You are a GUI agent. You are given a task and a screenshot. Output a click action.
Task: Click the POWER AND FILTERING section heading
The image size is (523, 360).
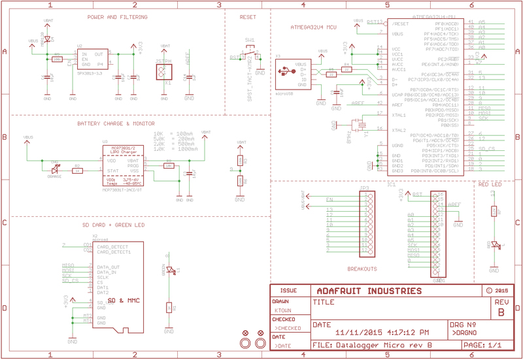[x=117, y=17]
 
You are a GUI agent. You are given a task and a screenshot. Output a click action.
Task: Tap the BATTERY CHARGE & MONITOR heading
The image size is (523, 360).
[x=116, y=123]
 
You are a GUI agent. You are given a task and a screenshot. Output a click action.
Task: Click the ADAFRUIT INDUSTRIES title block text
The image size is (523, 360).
[x=369, y=291]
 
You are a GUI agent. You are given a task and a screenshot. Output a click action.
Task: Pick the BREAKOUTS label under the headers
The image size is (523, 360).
[x=362, y=269]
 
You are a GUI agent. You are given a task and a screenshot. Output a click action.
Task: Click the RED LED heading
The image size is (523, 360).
[x=490, y=185]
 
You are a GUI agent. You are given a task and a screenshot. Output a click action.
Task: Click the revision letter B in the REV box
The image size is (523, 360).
[x=500, y=312]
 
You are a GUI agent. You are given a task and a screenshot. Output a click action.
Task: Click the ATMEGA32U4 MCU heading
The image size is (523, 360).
[x=312, y=27]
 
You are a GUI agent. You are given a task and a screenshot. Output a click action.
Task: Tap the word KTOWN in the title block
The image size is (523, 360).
[x=282, y=311]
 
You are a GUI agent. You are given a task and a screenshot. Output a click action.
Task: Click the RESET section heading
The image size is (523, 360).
[x=246, y=17]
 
